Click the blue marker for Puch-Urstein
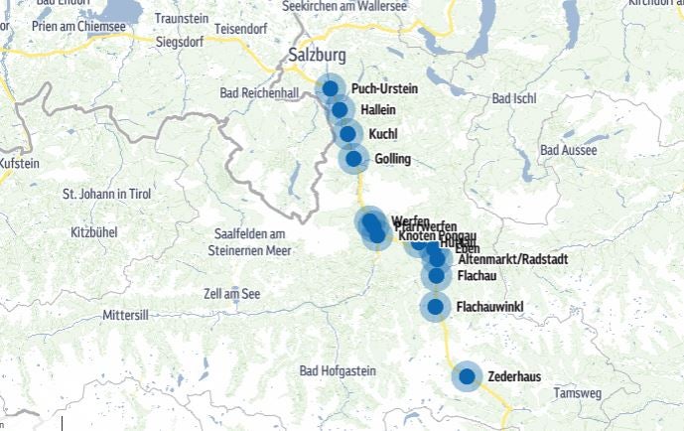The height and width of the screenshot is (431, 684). click(331, 89)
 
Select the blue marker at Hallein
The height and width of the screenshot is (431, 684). click(340, 110)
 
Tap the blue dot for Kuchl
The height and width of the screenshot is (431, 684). click(347, 133)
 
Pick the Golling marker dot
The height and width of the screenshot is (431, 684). click(353, 158)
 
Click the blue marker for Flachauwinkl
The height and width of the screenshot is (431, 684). click(435, 307)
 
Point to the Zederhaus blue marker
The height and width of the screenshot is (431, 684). click(467, 377)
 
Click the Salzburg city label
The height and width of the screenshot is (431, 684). click(320, 56)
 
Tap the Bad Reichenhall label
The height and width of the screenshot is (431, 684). click(257, 92)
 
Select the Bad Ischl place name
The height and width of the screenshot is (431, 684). click(514, 99)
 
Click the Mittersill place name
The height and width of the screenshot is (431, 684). click(125, 315)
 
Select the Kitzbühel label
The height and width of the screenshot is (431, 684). click(94, 231)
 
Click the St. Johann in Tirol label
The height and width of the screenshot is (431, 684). click(107, 194)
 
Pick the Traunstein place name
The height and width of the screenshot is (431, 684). click(182, 19)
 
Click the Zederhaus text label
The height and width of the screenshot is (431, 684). click(513, 377)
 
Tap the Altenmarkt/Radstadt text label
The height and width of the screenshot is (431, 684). click(512, 259)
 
